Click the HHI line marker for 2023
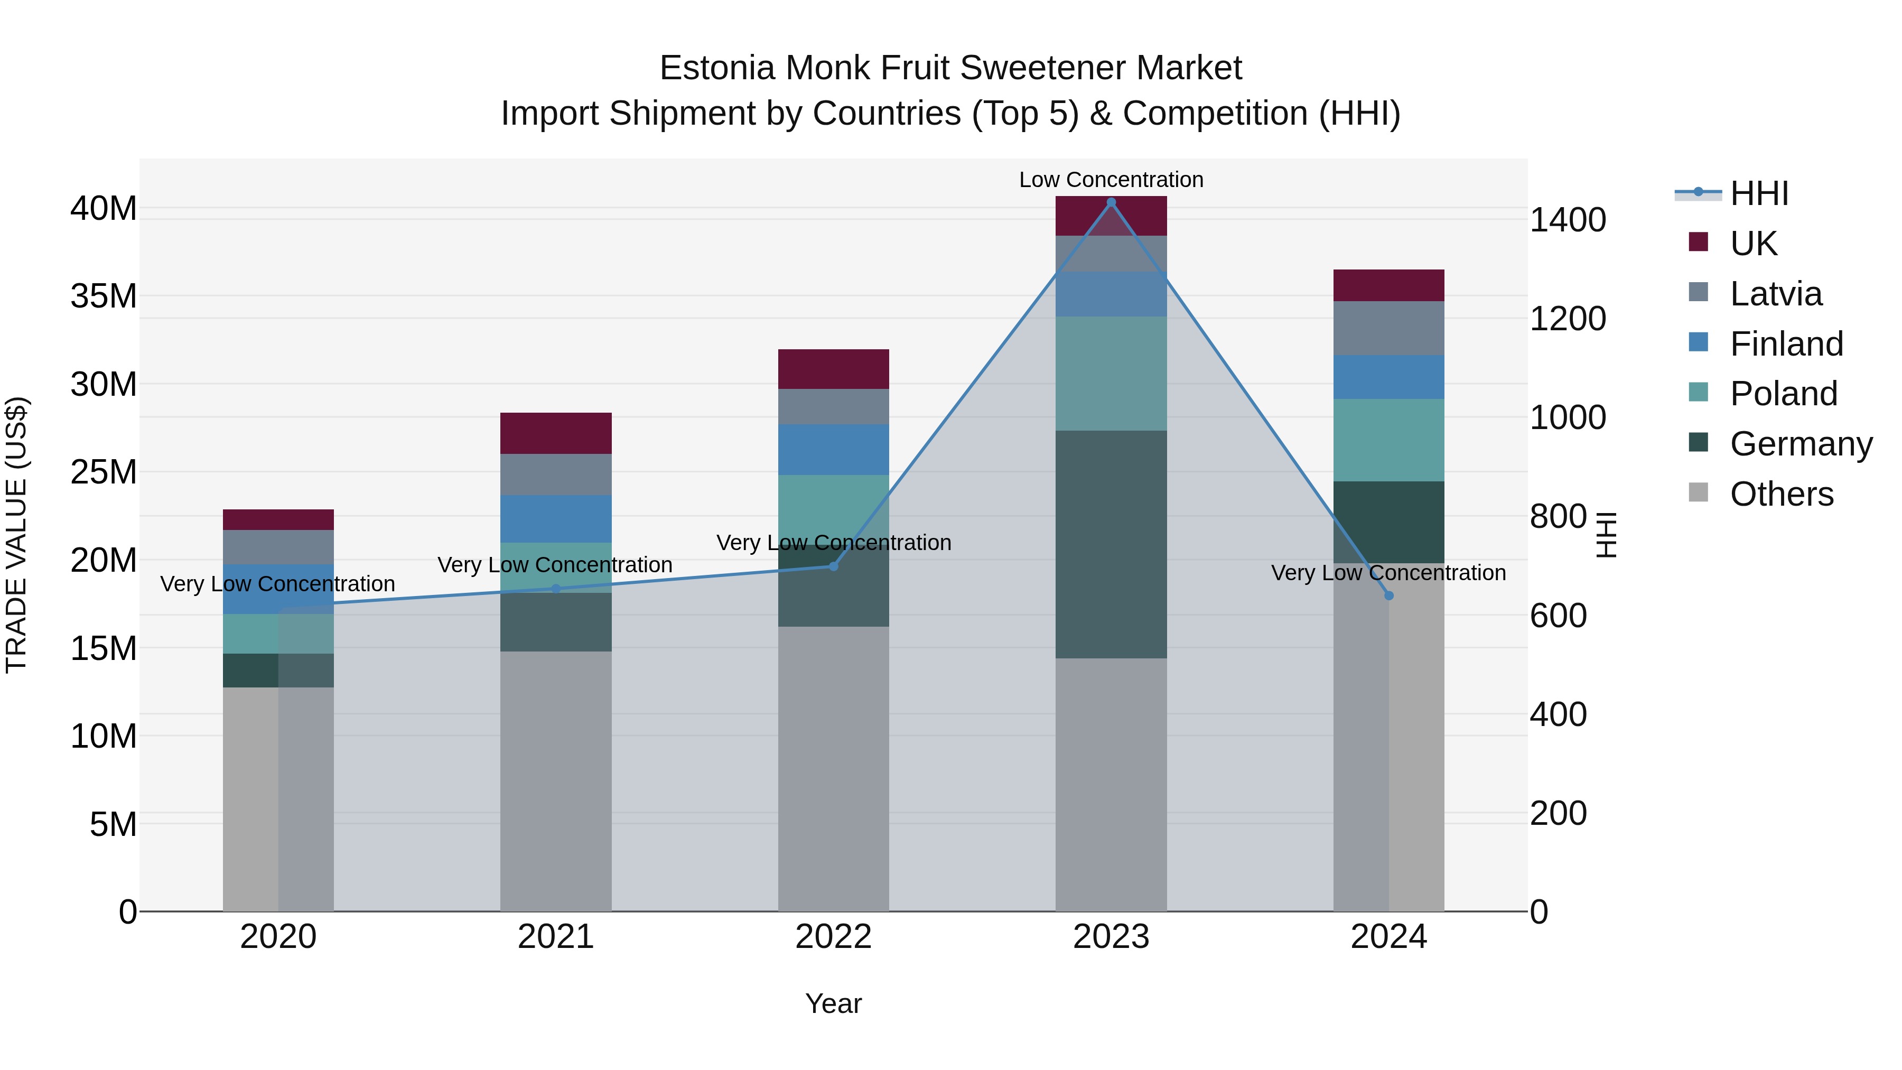pos(1111,202)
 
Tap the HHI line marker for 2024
pos(1389,595)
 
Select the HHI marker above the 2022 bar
pos(834,566)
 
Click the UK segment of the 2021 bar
pos(556,433)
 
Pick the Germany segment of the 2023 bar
pos(1111,544)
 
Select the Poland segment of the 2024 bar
pos(1389,440)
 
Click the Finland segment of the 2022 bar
pos(834,450)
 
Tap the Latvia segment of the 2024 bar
pos(1389,328)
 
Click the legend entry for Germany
pos(1800,444)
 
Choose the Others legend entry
pos(1781,494)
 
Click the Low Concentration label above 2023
pos(1111,180)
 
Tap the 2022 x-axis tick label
pos(834,937)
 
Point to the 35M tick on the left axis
pos(104,296)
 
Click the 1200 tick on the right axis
pos(1567,319)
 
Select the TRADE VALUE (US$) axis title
pos(16,535)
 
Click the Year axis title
pos(834,1003)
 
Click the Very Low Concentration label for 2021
pos(555,565)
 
